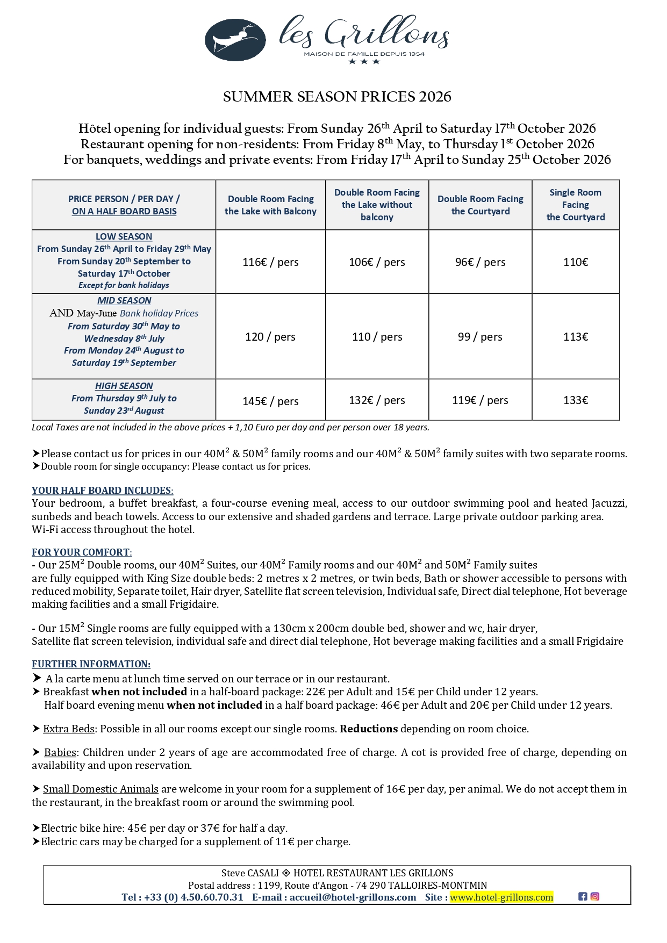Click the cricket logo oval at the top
(235, 40)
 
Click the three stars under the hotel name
(364, 62)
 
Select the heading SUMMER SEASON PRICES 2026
(337, 97)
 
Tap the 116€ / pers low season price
(270, 262)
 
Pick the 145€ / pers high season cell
(270, 401)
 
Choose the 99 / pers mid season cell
(480, 337)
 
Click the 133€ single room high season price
(576, 400)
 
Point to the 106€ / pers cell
(377, 262)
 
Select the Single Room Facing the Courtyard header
(576, 205)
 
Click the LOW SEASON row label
(124, 237)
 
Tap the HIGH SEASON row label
(124, 386)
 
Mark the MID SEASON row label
(124, 301)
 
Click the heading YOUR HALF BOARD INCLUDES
(102, 491)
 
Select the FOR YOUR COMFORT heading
(82, 552)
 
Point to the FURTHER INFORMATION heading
(91, 664)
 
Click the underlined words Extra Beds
(69, 729)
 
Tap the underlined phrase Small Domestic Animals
(101, 789)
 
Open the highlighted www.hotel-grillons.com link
(501, 897)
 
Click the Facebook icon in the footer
(583, 896)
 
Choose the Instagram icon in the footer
(595, 896)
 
